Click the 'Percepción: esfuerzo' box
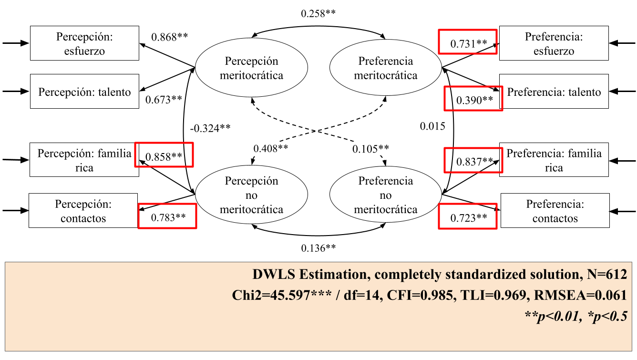point(84,43)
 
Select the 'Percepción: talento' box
point(84,92)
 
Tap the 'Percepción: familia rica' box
point(84,160)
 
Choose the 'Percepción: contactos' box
point(83,211)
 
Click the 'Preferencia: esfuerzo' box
point(554,43)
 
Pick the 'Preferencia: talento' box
point(554,92)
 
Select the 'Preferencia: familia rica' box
point(554,160)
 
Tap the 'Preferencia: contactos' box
point(555,211)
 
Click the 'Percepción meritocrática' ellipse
point(251,68)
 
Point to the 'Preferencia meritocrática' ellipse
point(386,68)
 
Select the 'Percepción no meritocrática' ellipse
point(251,195)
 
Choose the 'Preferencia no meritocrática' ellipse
point(386,195)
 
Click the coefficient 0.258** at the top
point(318,13)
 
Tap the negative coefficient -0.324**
point(210,128)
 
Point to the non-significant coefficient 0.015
point(432,126)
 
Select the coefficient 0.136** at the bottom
point(318,248)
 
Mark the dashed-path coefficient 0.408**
point(271,148)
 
